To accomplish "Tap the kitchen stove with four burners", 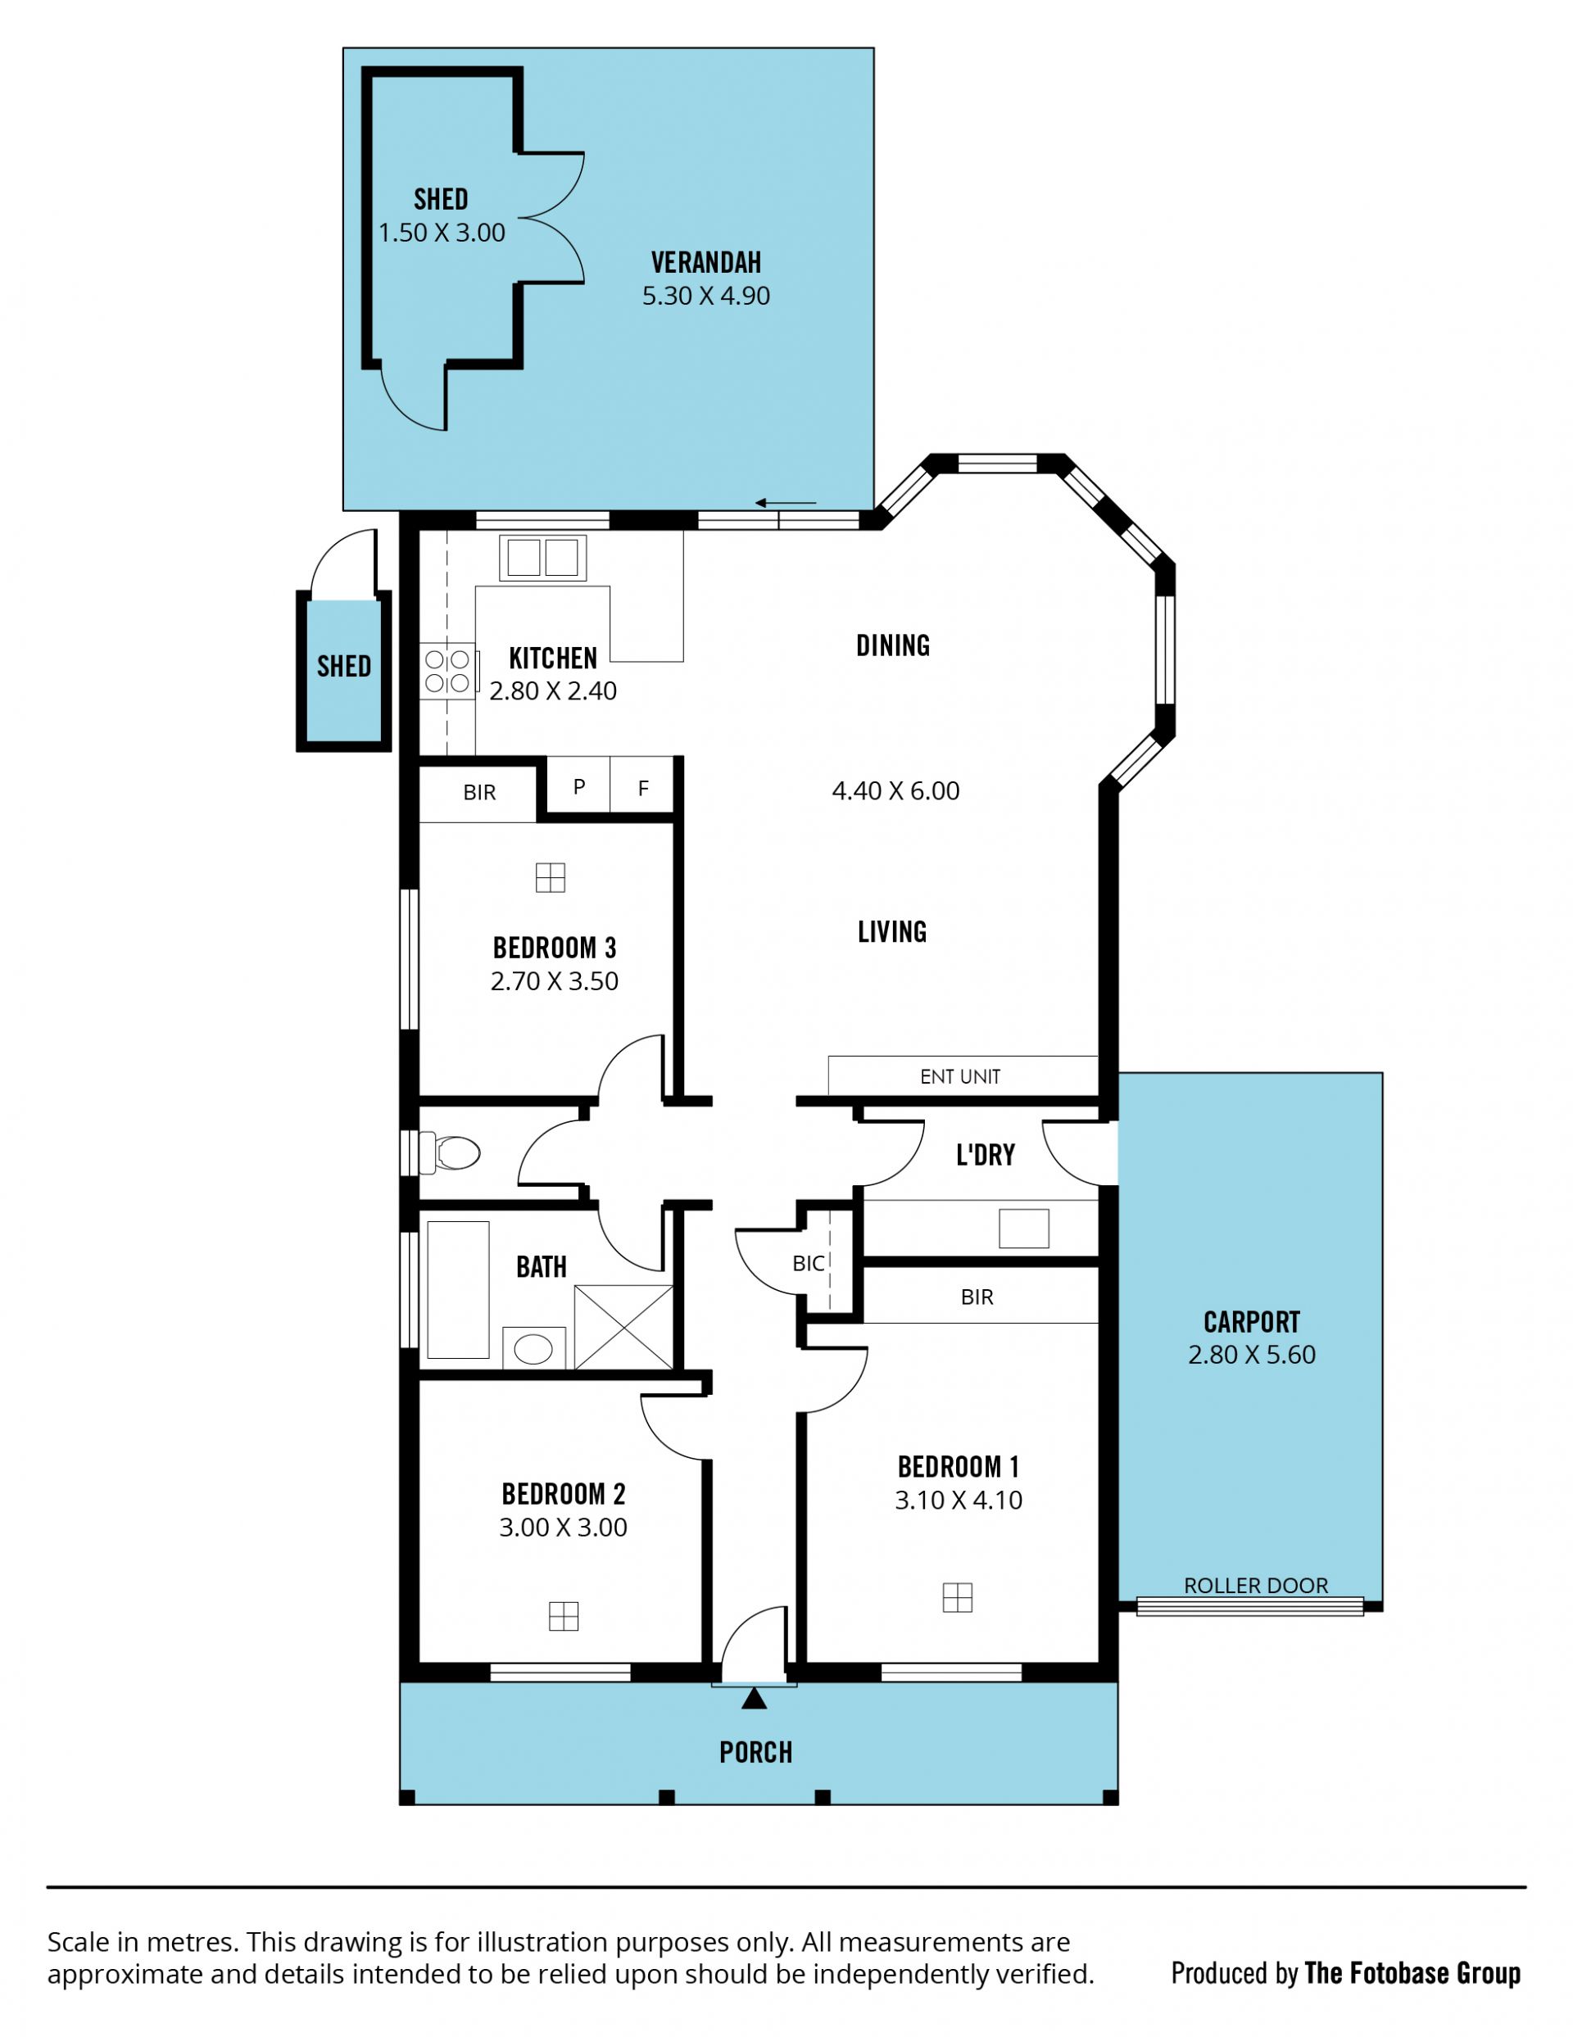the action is click(448, 672).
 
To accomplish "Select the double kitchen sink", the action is click(542, 558).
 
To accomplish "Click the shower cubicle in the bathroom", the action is click(623, 1327).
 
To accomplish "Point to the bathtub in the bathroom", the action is click(458, 1290).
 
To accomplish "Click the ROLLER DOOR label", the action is click(1256, 1586).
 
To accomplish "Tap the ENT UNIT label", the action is click(960, 1076).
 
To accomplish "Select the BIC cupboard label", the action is click(808, 1263).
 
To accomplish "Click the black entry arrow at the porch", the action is click(754, 1700).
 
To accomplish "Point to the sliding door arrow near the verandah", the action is click(786, 503).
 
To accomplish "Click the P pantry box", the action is click(578, 785).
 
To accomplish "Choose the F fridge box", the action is click(641, 785).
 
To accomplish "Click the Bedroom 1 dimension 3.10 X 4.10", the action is click(959, 1501).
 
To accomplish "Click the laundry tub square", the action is click(1023, 1229).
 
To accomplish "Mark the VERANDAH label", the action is click(706, 262).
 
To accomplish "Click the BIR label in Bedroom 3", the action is click(479, 793).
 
